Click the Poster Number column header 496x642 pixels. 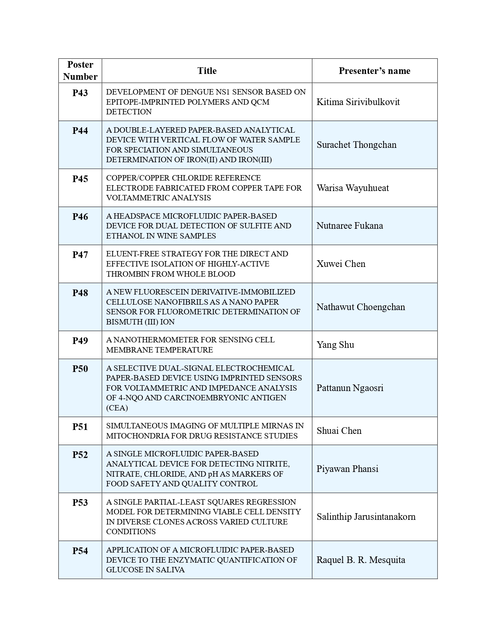(80, 70)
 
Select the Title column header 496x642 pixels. (207, 71)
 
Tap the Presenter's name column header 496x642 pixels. (374, 71)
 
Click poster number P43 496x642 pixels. (80, 93)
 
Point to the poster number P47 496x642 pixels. (80, 255)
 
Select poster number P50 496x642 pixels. (80, 369)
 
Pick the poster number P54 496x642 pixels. (80, 551)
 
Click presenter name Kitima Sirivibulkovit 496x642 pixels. (358, 102)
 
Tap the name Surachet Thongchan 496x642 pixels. (356, 145)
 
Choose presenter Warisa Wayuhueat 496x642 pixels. (352, 188)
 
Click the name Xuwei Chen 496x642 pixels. (341, 264)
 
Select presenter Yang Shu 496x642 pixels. (335, 345)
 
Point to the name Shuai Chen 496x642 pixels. (339, 431)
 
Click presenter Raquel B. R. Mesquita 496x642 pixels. (361, 560)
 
